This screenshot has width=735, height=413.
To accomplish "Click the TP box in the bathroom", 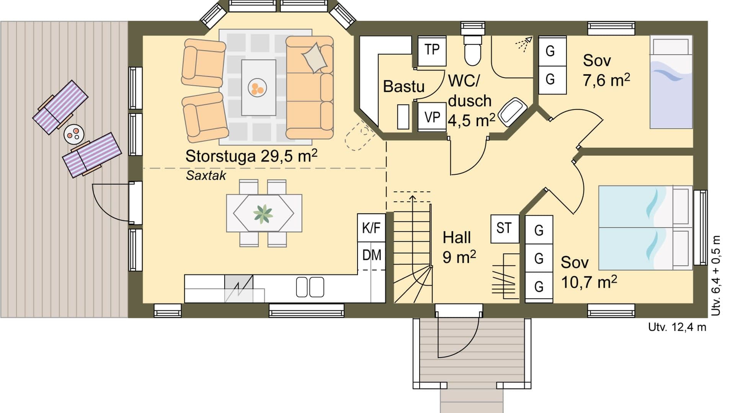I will [432, 50].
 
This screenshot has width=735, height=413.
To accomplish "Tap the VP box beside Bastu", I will [432, 117].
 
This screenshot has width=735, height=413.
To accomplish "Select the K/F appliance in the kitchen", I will [371, 228].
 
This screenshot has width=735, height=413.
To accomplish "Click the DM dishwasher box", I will [371, 255].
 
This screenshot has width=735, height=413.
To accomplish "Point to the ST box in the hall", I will [504, 229].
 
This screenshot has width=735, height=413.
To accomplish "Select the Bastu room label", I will [403, 87].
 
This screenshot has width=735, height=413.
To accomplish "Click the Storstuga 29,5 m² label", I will [251, 156].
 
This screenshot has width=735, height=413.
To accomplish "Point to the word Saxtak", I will [206, 176].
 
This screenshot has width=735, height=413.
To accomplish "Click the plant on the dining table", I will [263, 214].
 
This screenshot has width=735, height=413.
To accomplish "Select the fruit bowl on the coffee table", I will [256, 88].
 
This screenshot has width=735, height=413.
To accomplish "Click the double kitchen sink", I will [310, 287].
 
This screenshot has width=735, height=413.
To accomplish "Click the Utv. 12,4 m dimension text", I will [677, 327].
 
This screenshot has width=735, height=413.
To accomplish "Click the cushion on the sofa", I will [315, 58].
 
